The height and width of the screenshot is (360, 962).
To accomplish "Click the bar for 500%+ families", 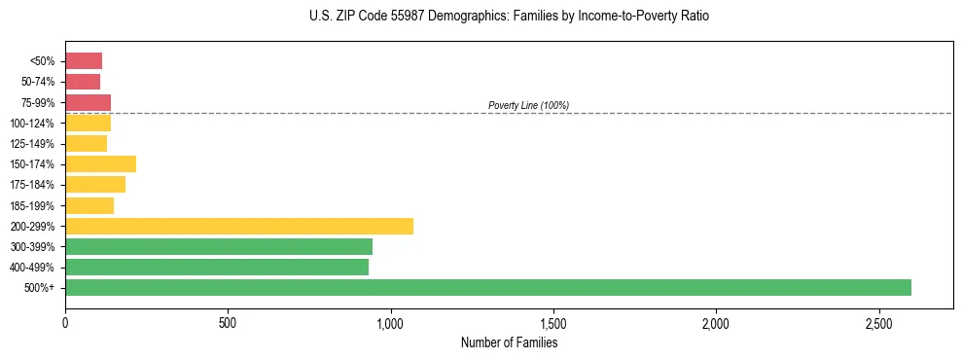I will pos(487,287).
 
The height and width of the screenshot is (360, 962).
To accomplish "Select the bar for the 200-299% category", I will pos(238,226).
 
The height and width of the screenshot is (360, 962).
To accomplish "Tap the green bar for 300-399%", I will pos(218,246).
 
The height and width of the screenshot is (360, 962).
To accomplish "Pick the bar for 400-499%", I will pos(216,267).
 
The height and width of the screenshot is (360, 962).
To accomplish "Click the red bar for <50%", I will pos(84,61).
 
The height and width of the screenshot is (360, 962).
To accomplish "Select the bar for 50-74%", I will pos(83,82).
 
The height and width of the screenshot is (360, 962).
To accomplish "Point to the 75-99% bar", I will pos(88,102).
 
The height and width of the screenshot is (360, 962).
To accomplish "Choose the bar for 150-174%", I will pos(100,164).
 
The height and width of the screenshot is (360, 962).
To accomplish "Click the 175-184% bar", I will pos(95,185).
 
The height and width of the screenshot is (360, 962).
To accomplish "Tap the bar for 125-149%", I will pos(86,143).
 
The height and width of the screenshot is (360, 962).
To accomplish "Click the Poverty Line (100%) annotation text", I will pos(528,105).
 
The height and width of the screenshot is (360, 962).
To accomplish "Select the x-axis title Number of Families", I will pos(509,342).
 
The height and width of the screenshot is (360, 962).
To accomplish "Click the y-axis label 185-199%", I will pos(33,205).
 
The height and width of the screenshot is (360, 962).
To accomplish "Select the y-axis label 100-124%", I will pos(33,124).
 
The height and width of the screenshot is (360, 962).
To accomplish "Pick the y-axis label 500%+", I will pos(40,288).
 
